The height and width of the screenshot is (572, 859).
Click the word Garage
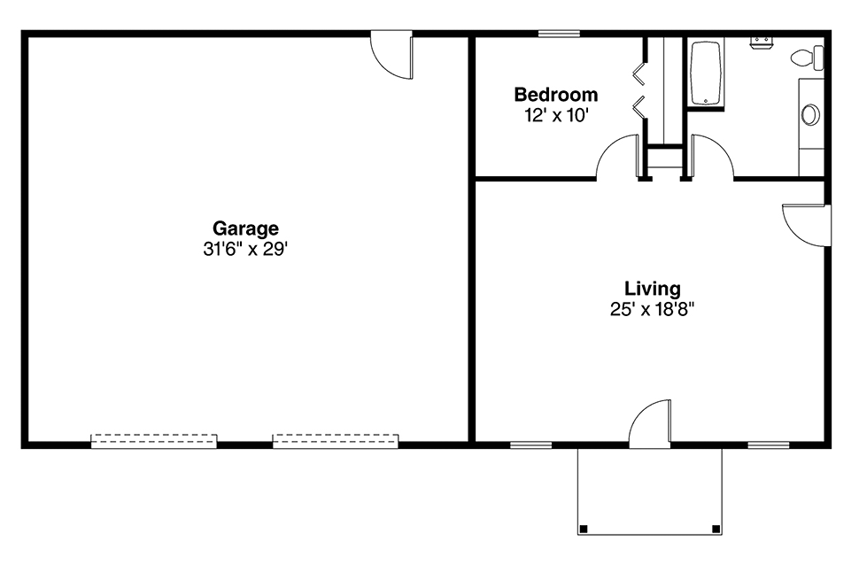click(x=245, y=228)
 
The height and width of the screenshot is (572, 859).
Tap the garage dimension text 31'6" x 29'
click(x=245, y=250)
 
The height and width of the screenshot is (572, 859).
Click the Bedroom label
click(x=556, y=94)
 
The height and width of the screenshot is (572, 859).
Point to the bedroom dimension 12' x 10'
click(x=557, y=116)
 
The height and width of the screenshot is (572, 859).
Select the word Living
click(x=653, y=289)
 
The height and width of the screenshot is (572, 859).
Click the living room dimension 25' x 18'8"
click(x=653, y=310)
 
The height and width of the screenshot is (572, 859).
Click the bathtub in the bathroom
click(x=707, y=73)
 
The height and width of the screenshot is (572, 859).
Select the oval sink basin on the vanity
click(x=810, y=115)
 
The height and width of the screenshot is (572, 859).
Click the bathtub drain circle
click(x=707, y=100)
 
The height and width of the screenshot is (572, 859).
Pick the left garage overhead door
click(x=154, y=441)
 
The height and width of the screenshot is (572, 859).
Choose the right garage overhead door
click(x=336, y=441)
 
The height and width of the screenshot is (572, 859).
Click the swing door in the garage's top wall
click(x=391, y=55)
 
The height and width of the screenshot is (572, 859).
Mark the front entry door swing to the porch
click(x=650, y=421)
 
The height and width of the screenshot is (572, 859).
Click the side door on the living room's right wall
click(x=807, y=225)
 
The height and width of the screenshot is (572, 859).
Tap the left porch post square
click(x=584, y=529)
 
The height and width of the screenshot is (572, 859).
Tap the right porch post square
click(x=716, y=529)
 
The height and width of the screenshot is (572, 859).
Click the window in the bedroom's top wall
click(x=559, y=34)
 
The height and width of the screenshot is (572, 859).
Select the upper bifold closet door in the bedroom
click(x=639, y=73)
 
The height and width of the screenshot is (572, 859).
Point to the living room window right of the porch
click(x=769, y=444)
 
